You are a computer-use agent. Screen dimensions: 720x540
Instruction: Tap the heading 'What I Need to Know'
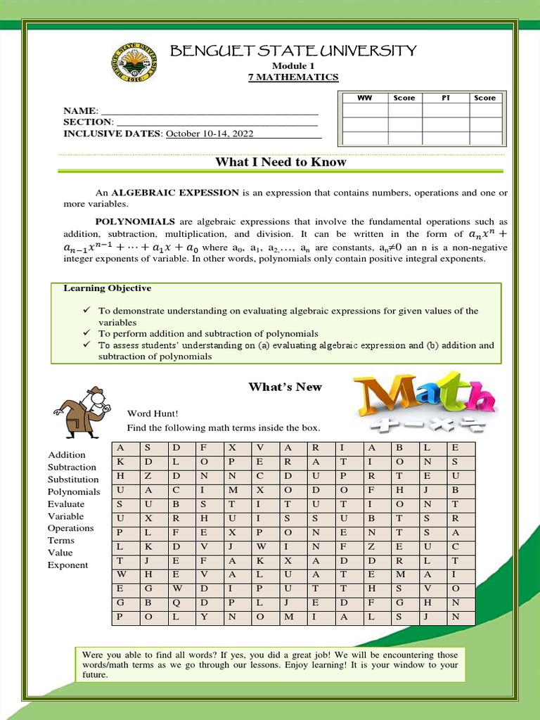tap(281, 162)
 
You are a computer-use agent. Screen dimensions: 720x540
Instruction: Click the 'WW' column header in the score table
tap(364, 98)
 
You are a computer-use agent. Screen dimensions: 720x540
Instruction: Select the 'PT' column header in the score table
tap(445, 98)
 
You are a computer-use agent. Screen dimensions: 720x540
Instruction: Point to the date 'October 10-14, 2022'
tap(210, 134)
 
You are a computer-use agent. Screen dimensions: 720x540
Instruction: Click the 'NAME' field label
tap(79, 111)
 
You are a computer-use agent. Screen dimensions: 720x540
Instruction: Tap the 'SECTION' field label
tap(87, 122)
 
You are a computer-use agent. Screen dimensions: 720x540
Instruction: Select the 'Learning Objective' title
tap(107, 288)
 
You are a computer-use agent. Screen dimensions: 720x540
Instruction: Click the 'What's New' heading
tap(285, 387)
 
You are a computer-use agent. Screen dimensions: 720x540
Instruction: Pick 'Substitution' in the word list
tap(73, 480)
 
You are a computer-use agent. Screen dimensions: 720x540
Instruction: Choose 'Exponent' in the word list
tap(67, 565)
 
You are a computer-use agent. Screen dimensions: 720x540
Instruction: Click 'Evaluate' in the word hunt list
tap(65, 504)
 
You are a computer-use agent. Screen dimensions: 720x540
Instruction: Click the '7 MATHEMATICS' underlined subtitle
tap(293, 77)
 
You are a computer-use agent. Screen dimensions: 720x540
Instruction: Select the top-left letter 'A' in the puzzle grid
tap(120, 448)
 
